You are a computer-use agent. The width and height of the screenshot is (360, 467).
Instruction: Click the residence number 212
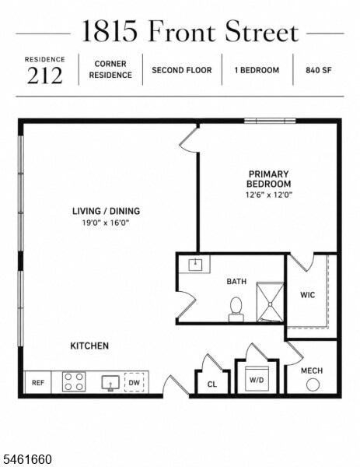(x=45, y=75)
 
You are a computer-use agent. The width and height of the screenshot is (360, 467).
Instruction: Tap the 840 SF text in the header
(x=318, y=70)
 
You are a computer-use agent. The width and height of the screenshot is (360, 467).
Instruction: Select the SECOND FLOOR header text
(x=182, y=70)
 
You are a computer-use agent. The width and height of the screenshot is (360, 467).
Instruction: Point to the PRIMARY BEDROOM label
(x=269, y=179)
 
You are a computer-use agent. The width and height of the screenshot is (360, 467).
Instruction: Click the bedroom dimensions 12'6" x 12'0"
(x=269, y=195)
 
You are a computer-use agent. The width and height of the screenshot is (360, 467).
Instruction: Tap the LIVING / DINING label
(x=107, y=211)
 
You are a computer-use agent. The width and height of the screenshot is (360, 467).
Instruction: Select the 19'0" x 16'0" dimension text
(x=106, y=223)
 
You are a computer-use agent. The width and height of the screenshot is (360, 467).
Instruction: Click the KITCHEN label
(x=89, y=346)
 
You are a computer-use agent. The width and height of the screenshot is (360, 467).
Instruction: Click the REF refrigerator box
(x=38, y=382)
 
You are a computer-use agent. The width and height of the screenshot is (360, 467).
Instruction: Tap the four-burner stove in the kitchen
(x=74, y=381)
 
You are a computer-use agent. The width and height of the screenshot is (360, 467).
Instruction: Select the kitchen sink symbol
(x=110, y=383)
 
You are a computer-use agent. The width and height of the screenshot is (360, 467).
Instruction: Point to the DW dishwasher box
(x=135, y=382)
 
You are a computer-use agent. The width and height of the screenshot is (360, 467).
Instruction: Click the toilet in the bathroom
(x=236, y=309)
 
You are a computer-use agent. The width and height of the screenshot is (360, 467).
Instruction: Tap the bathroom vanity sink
(x=195, y=264)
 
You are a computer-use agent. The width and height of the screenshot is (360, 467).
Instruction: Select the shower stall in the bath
(x=270, y=302)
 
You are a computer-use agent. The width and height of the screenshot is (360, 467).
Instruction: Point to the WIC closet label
(x=308, y=295)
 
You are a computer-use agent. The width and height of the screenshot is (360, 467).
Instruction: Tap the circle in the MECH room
(x=313, y=384)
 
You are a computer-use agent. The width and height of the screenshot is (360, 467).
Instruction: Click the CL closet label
(x=212, y=384)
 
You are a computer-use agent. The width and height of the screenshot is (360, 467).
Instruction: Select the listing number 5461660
(x=26, y=459)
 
